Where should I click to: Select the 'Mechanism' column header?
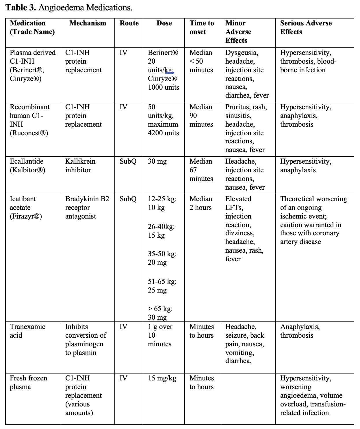[x=88, y=23]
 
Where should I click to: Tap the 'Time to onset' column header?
[x=202, y=27]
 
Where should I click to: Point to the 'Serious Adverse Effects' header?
[x=306, y=27]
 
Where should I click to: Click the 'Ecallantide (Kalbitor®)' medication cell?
[x=27, y=166]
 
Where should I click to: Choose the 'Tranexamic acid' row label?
[x=27, y=331]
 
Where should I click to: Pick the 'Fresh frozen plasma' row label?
[x=28, y=382]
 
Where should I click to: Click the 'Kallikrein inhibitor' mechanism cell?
[x=80, y=166]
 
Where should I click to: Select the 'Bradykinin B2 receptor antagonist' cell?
[x=87, y=208]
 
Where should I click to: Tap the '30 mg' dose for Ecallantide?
[x=157, y=162]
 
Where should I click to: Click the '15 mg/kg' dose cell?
[x=162, y=378]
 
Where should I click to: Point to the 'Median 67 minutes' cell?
[x=201, y=170]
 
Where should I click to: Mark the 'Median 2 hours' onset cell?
[x=201, y=203]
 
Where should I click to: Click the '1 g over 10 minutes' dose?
[x=160, y=335]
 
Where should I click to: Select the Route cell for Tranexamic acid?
[x=123, y=327]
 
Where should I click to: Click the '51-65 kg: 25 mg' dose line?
[x=162, y=286]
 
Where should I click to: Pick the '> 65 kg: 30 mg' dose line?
[x=160, y=313]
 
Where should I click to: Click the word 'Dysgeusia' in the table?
[x=242, y=53]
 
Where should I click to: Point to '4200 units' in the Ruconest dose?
[x=163, y=133]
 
